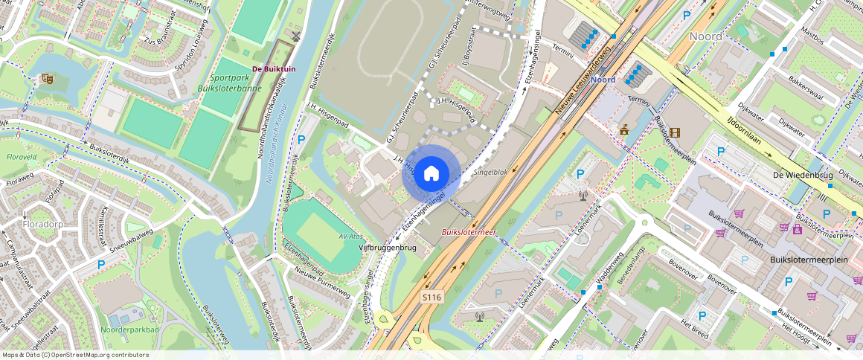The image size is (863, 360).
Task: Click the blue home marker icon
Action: click(x=431, y=173)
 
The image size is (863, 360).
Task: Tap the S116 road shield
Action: click(x=431, y=297)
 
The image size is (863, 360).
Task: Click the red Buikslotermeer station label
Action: click(x=469, y=232)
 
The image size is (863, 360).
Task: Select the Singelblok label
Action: click(x=490, y=172)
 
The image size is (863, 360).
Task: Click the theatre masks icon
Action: click(x=47, y=78)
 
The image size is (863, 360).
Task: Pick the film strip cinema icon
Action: click(x=674, y=132)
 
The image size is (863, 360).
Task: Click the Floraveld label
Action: click(x=22, y=158)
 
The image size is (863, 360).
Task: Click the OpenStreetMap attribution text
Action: click(x=76, y=355)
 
